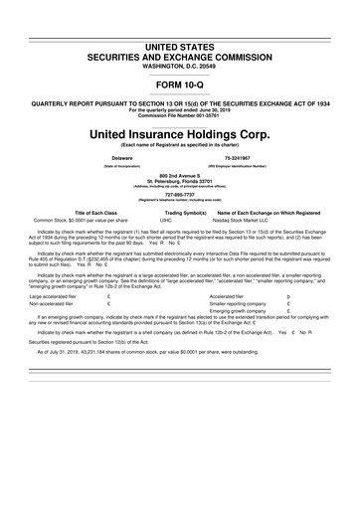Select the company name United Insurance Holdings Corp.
point(180,133)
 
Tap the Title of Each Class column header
point(96,213)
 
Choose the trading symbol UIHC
point(166,221)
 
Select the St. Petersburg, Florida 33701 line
point(180,181)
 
